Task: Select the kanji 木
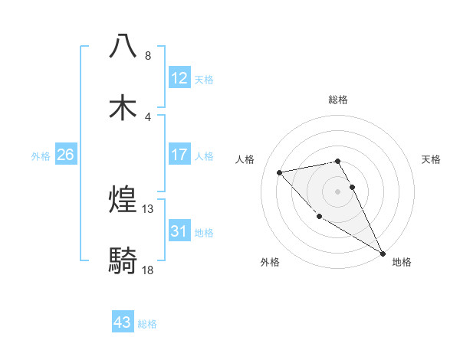[123, 107]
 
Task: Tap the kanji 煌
[123, 200]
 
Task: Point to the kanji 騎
[123, 261]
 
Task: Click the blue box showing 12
[179, 77]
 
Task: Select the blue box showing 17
[179, 155]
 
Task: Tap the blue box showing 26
[66, 155]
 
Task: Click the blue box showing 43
[123, 322]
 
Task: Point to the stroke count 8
[148, 56]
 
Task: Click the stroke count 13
[148, 209]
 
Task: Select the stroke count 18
[148, 270]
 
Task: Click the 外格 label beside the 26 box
[41, 156]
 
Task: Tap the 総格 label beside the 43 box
[147, 324]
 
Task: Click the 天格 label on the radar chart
[432, 159]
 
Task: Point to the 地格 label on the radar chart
[402, 262]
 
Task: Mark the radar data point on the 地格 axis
[383, 254]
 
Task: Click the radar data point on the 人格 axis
[280, 172]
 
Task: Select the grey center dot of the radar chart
[338, 191]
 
